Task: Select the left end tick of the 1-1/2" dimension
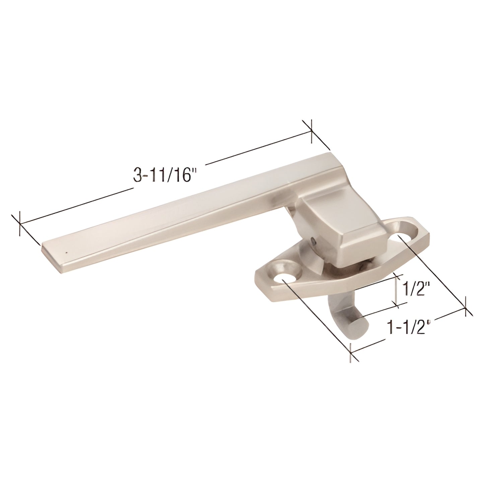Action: coord(350,352)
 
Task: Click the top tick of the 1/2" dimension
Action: coord(397,278)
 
